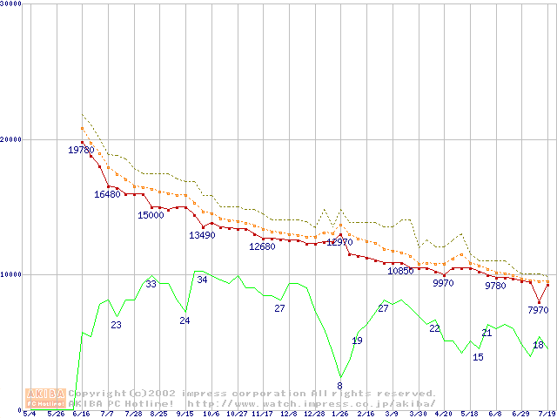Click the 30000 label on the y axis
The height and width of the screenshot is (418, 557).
[11, 4]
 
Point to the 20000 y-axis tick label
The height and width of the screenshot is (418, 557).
[11, 139]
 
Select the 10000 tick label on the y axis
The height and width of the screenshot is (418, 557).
[11, 274]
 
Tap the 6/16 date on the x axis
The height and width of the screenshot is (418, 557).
[82, 415]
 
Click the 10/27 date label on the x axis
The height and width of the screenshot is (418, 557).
[237, 415]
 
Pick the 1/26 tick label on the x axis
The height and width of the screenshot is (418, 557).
[340, 415]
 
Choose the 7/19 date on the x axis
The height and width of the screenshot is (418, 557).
[547, 415]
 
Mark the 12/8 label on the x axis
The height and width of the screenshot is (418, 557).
[289, 415]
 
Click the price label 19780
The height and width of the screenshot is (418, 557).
[81, 151]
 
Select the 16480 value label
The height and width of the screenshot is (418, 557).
[107, 194]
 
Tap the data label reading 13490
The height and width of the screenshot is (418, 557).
[202, 235]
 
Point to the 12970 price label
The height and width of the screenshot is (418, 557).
[340, 242]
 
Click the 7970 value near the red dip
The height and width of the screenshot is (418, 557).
[538, 310]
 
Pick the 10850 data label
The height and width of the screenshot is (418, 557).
[400, 271]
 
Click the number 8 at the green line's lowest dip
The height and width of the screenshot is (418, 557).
[339, 386]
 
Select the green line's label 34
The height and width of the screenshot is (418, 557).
[202, 280]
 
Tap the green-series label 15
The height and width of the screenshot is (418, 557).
[478, 357]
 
